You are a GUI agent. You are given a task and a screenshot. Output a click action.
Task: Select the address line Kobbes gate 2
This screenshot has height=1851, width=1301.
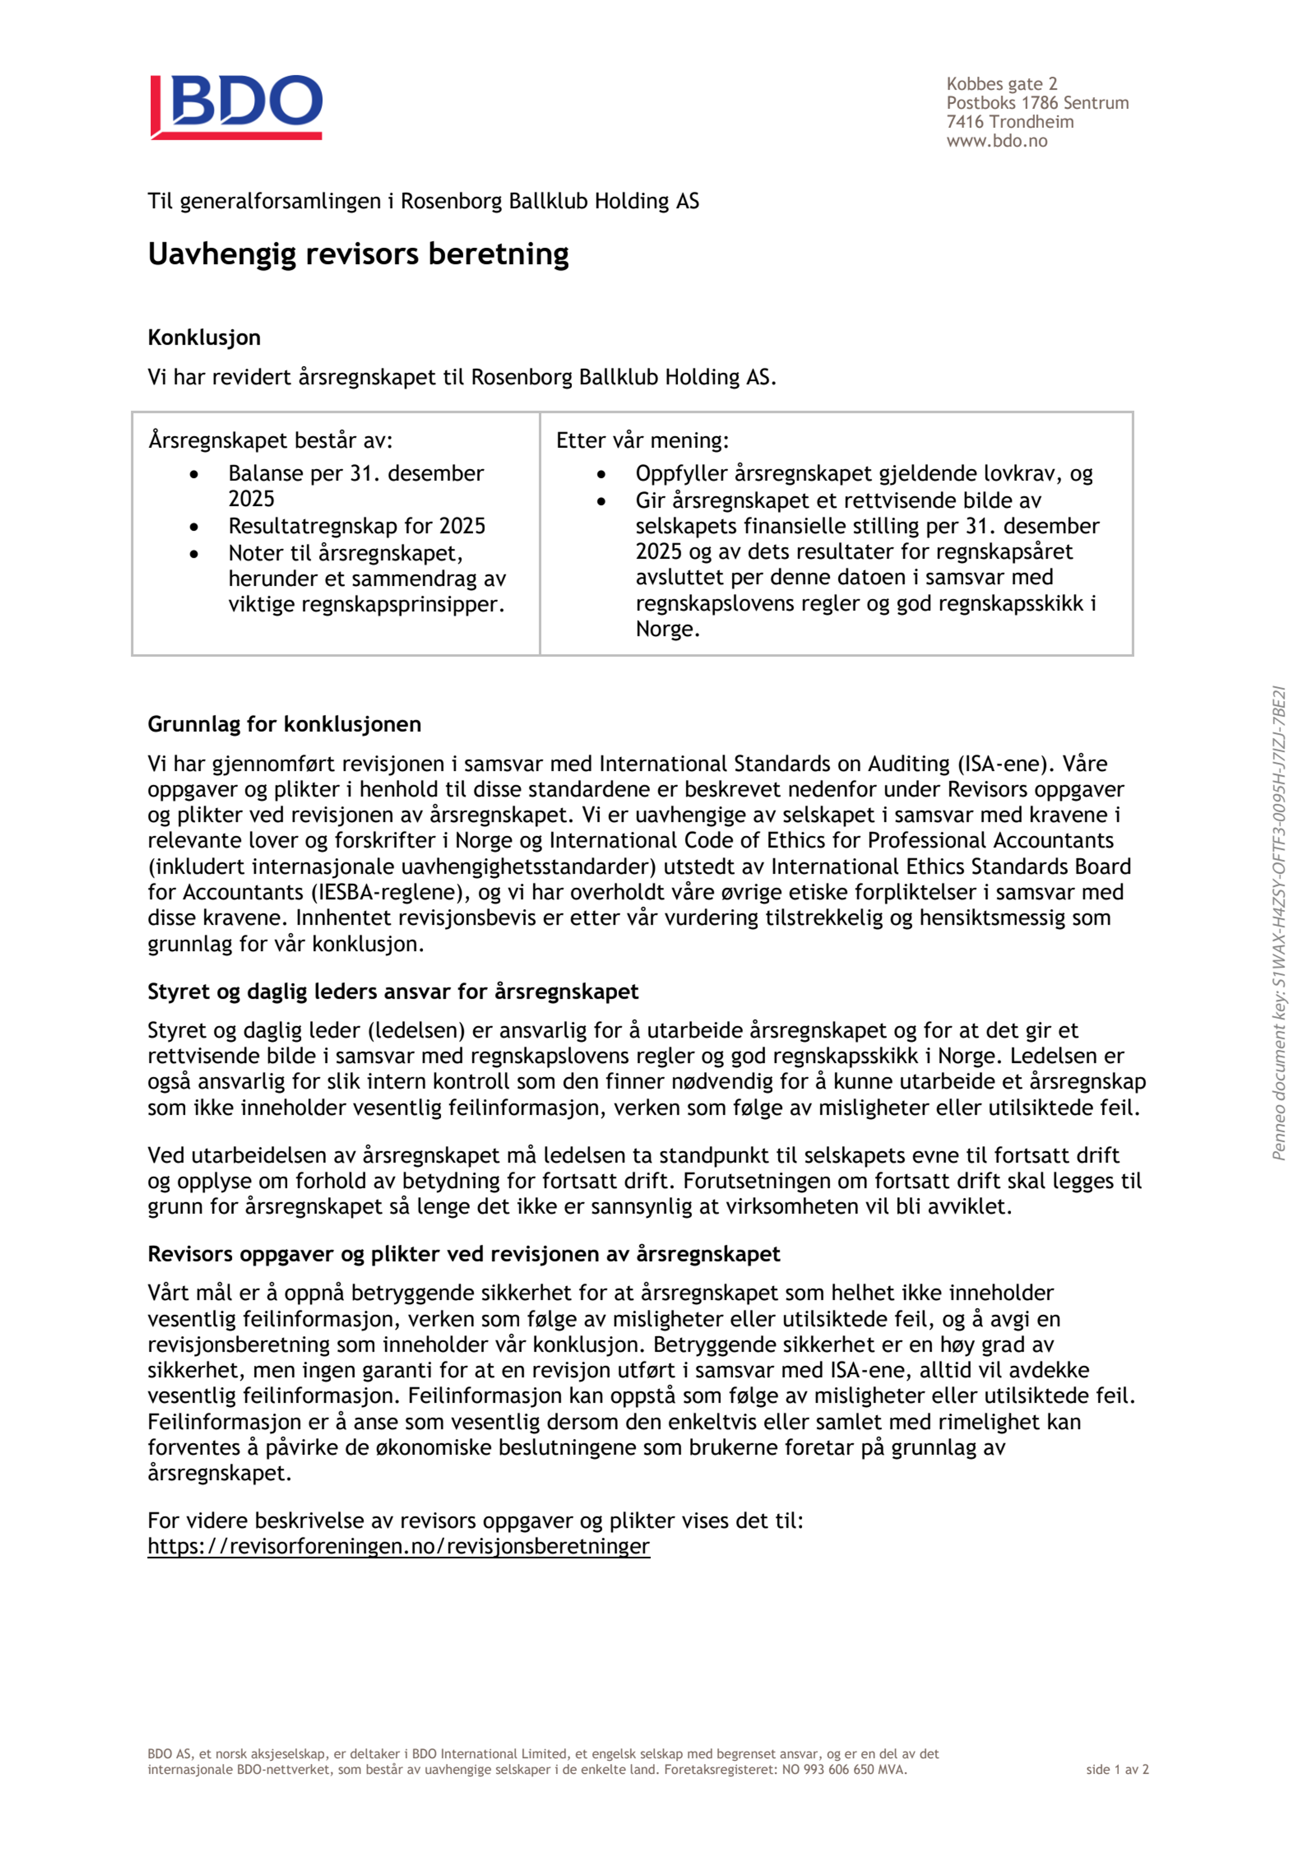(1001, 84)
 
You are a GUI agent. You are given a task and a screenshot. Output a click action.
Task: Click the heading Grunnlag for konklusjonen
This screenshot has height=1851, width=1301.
(284, 724)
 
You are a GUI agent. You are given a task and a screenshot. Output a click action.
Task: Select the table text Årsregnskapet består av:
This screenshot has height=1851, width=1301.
(270, 440)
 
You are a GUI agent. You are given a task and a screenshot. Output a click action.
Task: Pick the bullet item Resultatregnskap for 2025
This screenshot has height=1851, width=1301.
(356, 525)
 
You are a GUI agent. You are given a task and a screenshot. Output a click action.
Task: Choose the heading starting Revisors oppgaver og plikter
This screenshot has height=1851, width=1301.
(463, 1254)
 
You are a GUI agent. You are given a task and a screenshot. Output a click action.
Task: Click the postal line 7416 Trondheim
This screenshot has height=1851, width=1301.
(1009, 122)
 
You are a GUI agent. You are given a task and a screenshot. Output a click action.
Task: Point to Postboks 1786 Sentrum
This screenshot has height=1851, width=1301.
(1037, 103)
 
